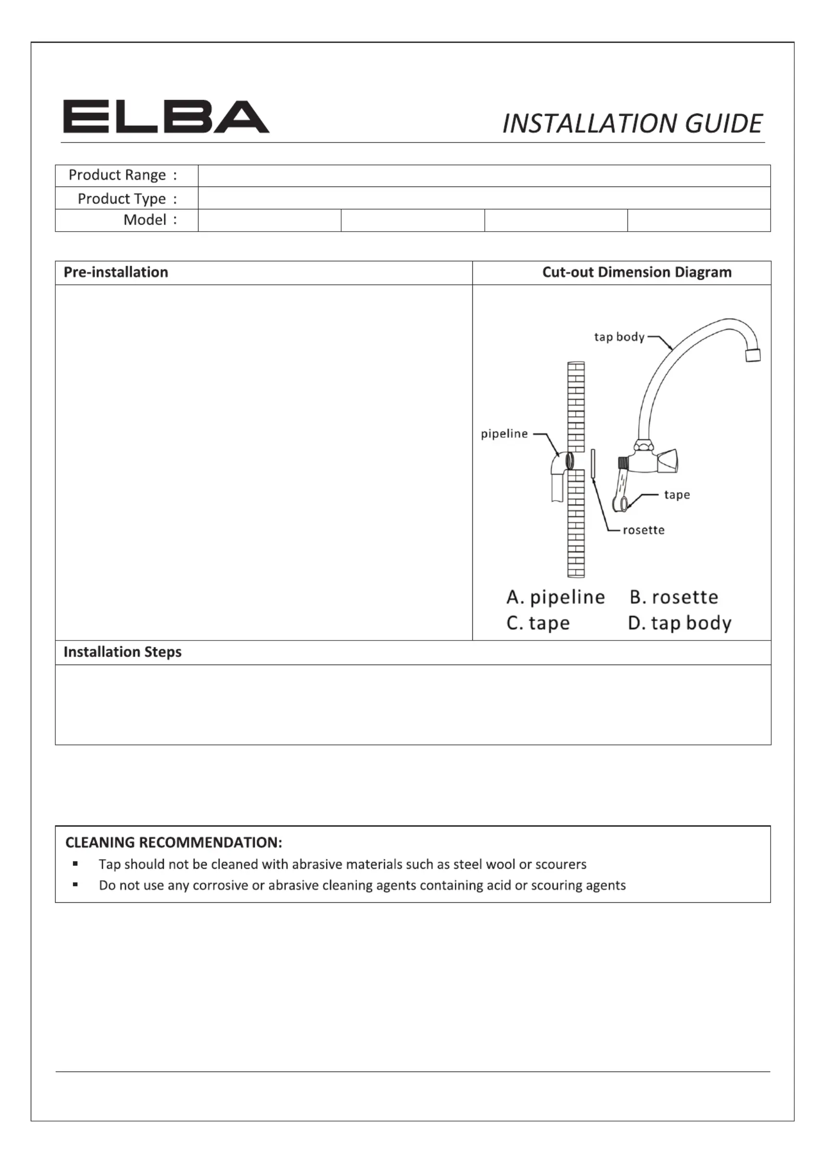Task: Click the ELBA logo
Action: coord(166,117)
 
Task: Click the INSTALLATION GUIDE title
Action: coord(632,124)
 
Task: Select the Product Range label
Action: coord(123,175)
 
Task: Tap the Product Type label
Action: coord(127,198)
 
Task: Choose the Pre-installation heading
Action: coord(116,272)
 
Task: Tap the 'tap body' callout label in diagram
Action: coord(619,337)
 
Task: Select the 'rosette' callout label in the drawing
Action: coord(643,530)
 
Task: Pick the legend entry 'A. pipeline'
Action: coord(555,597)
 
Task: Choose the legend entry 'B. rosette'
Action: coord(674,597)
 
